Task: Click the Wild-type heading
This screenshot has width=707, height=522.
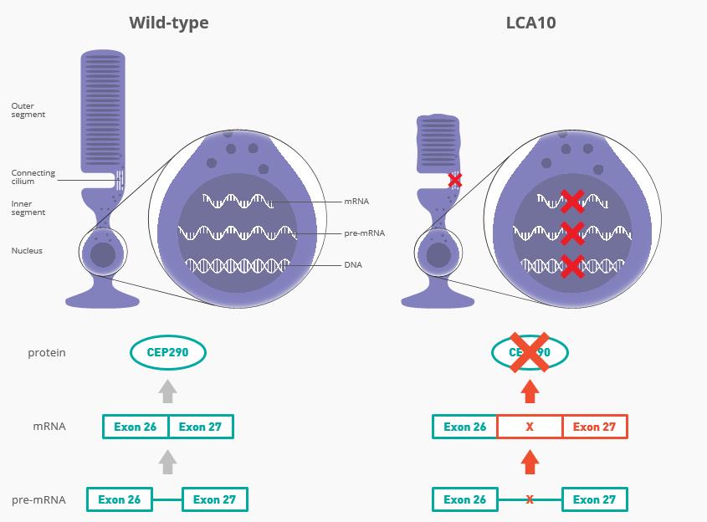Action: pyautogui.click(x=168, y=23)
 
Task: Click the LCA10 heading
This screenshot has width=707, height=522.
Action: pyautogui.click(x=530, y=23)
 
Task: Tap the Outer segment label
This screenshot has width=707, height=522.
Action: pyautogui.click(x=28, y=110)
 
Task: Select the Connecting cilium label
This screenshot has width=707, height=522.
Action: pyautogui.click(x=33, y=177)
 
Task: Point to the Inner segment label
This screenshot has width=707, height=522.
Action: pyautogui.click(x=28, y=208)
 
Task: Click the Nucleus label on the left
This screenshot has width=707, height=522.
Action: pyautogui.click(x=27, y=251)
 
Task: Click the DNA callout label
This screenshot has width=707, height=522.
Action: pyautogui.click(x=353, y=265)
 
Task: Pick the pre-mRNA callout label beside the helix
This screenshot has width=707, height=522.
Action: pyautogui.click(x=364, y=233)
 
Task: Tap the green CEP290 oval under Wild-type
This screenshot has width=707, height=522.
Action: pyautogui.click(x=167, y=352)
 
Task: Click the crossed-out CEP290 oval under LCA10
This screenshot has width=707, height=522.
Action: pyautogui.click(x=530, y=353)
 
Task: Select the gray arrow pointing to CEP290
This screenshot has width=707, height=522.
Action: pyautogui.click(x=167, y=391)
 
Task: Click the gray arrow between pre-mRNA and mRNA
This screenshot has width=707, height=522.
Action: pyautogui.click(x=167, y=462)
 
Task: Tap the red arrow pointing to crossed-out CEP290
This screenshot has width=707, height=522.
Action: pyautogui.click(x=530, y=391)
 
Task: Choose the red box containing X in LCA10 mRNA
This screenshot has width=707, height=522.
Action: pyautogui.click(x=530, y=427)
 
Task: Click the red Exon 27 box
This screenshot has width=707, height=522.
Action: pyautogui.click(x=594, y=427)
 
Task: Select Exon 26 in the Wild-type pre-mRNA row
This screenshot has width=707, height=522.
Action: pyautogui.click(x=120, y=500)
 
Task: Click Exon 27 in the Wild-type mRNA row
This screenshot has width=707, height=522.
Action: pyautogui.click(x=200, y=427)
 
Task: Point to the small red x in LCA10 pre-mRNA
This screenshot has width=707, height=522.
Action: pyautogui.click(x=530, y=500)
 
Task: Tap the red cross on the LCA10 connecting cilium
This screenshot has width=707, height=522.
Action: pyautogui.click(x=454, y=180)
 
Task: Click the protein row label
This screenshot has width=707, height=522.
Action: pyautogui.click(x=47, y=353)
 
